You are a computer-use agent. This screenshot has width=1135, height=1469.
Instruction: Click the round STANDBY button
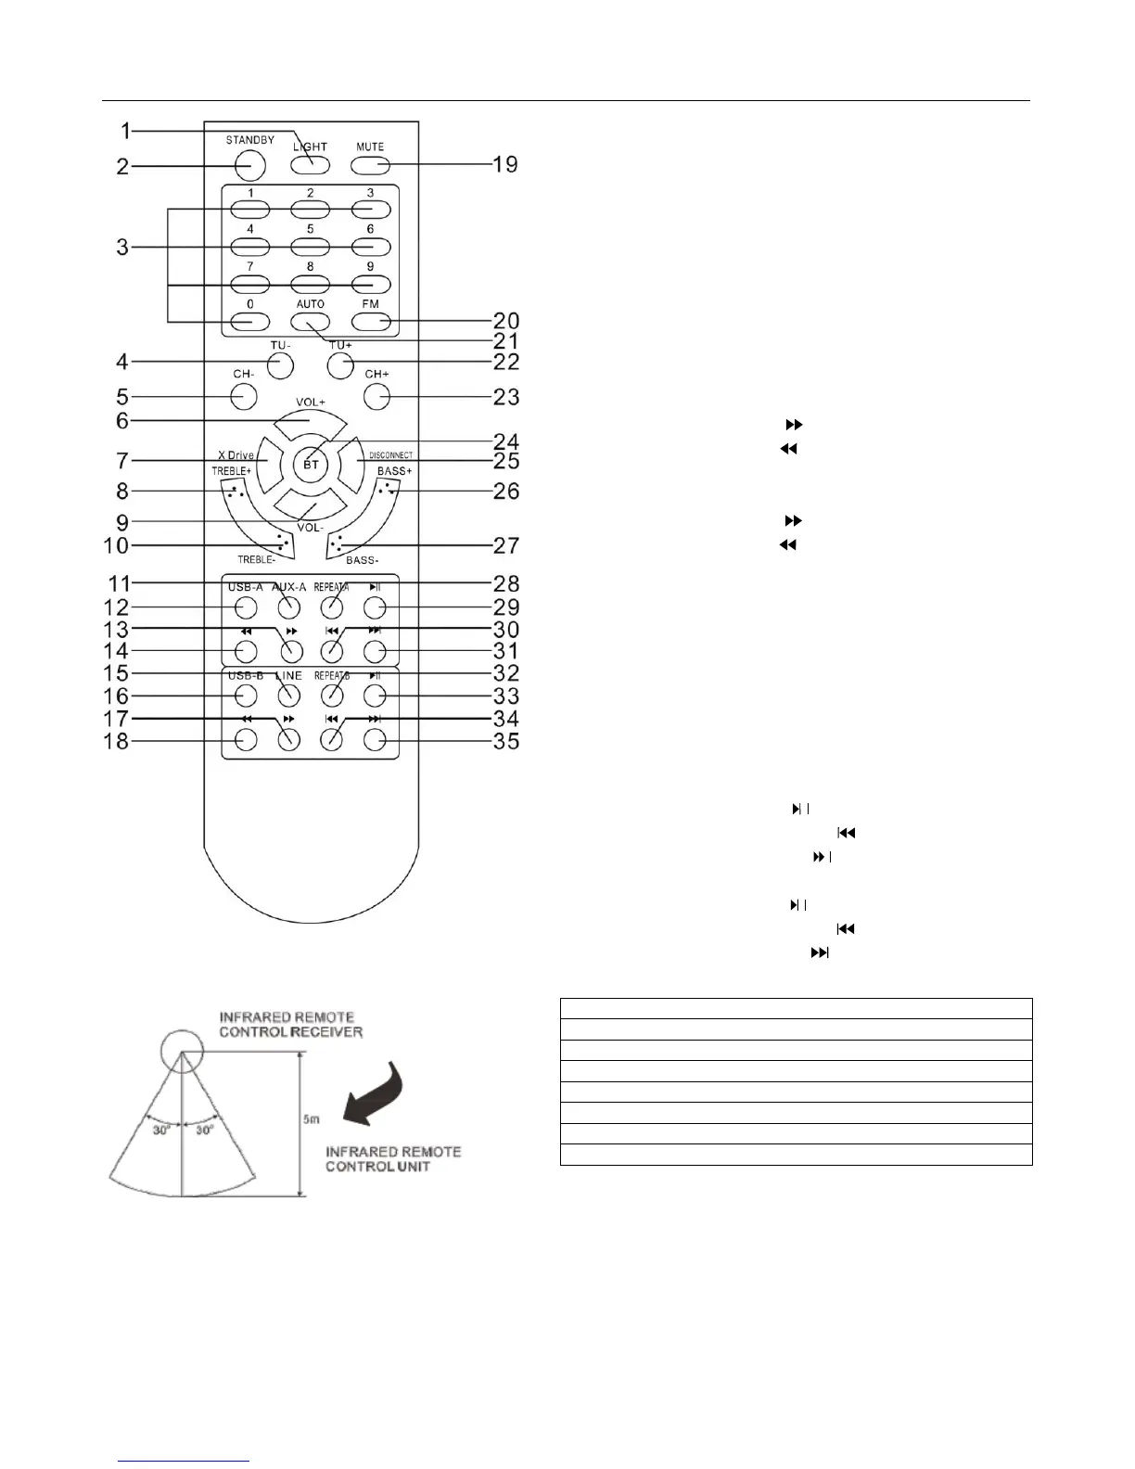[x=249, y=165]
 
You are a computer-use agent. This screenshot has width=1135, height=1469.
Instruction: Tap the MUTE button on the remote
[x=370, y=165]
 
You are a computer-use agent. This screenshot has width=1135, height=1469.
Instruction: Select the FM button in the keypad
[x=370, y=321]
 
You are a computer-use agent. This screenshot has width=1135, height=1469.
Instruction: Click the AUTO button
[x=310, y=321]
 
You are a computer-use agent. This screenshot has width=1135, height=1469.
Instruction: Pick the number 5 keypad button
[x=310, y=247]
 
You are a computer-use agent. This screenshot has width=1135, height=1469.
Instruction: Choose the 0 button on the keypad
[x=249, y=321]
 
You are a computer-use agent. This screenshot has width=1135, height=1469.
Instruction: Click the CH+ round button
[x=376, y=397]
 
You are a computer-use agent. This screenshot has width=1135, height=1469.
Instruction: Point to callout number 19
[x=504, y=165]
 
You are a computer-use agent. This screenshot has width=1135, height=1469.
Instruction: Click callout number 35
[x=505, y=741]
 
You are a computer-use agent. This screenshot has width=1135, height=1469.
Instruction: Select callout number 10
[x=116, y=545]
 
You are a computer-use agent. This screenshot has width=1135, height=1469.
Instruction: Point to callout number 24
[x=505, y=441]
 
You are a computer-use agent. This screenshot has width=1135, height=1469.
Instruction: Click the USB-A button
[x=245, y=608]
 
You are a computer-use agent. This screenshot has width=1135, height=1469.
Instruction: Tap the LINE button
[x=288, y=696]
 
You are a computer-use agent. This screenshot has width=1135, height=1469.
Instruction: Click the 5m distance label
[x=312, y=1118]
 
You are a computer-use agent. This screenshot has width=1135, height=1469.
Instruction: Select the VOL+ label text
[x=311, y=402]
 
